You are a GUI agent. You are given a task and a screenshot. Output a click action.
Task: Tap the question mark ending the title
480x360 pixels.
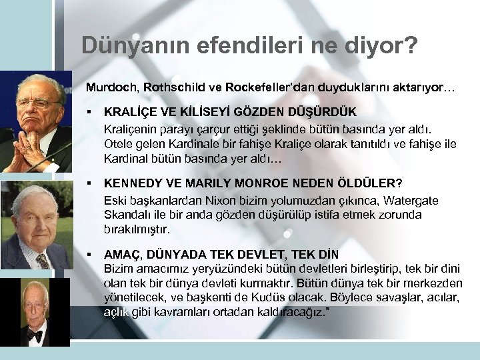(412, 45)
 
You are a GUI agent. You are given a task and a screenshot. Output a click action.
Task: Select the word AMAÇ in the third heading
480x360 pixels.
(123, 255)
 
